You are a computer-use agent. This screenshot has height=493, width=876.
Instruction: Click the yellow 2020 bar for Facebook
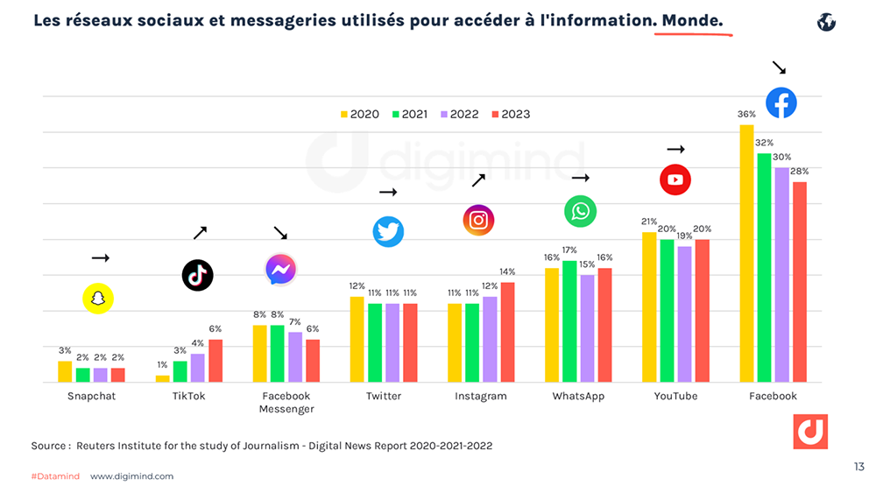tap(746, 253)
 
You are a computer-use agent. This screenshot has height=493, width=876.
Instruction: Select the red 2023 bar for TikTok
tap(215, 361)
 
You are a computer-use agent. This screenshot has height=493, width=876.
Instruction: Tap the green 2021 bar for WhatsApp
tap(569, 321)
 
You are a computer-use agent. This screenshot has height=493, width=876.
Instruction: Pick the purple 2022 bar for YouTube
tap(684, 314)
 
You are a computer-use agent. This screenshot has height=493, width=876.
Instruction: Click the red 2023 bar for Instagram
tap(507, 332)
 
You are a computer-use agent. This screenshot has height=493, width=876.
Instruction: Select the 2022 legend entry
tap(459, 114)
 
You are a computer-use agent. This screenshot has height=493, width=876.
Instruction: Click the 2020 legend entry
tap(359, 114)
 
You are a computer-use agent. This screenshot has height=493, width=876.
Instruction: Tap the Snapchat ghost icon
tap(98, 299)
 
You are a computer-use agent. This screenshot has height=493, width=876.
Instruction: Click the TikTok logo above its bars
tap(197, 275)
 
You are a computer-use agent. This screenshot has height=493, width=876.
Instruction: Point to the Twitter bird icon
tap(388, 232)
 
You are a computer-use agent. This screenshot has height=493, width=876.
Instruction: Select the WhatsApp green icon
tap(580, 211)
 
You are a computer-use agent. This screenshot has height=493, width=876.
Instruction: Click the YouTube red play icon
tap(675, 180)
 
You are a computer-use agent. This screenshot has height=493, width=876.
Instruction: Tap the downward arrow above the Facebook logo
tap(778, 67)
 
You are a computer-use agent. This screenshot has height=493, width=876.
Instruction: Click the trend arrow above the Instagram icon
tap(478, 180)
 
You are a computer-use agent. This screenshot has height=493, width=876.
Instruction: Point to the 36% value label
tap(746, 115)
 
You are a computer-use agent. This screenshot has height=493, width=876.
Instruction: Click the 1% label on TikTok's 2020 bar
tap(162, 365)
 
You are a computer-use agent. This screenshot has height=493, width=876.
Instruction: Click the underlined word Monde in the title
tap(693, 19)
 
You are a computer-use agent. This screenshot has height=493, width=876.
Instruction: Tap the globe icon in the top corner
tap(826, 22)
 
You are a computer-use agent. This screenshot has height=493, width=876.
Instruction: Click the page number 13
tap(858, 467)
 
